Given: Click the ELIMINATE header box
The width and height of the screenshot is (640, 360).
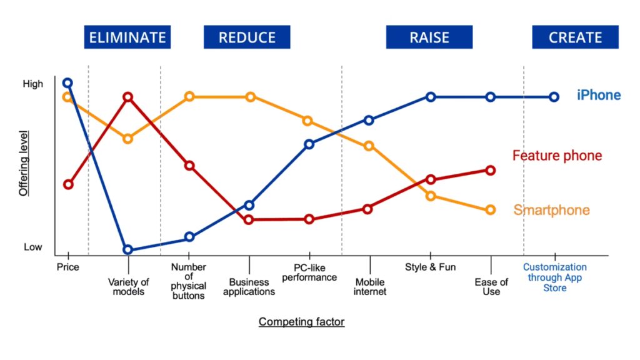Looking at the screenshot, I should pos(127,37).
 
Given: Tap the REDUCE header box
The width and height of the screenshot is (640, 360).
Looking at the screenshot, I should pos(247,37).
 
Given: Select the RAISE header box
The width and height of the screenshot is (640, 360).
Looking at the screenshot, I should pos(429,37).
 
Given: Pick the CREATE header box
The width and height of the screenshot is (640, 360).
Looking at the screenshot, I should pos(575,37).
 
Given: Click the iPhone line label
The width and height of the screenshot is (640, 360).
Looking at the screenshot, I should pos(599,96).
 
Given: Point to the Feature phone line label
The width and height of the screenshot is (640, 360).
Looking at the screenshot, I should pos(557,156).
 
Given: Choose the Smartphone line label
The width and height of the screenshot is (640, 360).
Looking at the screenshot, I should pos(551,210).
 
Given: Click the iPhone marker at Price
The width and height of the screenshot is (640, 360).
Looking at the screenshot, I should pos(67,83).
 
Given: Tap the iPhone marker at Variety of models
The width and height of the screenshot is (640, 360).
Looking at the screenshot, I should pos(127,250).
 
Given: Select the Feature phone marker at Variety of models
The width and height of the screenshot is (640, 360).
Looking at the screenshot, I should pos(127,97).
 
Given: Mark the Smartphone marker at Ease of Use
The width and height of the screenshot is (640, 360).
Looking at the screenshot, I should pos(491,210).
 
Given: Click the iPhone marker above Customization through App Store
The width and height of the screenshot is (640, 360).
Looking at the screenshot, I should pos(554,97).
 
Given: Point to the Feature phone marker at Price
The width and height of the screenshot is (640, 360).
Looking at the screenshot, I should pos(68,184).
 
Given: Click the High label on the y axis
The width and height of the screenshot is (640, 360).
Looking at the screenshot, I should pos(34,84).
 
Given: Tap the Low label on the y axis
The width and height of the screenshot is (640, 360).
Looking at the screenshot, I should pos(33,247).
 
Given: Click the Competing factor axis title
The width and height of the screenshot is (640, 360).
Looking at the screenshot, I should pos(301,322).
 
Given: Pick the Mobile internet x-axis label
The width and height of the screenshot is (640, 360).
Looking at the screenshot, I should pos(371,287).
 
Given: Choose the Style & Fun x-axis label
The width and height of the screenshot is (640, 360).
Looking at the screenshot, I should pos(431,267).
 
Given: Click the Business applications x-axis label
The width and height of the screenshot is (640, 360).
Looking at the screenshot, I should pos(249,287).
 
